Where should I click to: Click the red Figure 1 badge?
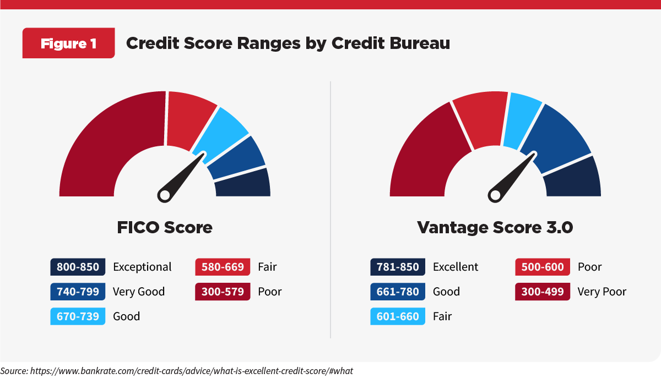tap(68, 43)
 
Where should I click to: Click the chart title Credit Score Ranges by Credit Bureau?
tap(288, 43)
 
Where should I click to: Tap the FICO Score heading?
tap(165, 227)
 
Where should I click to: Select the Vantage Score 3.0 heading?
tap(495, 227)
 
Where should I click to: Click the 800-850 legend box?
tap(77, 267)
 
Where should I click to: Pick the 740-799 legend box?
tap(77, 292)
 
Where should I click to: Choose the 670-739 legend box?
tap(77, 316)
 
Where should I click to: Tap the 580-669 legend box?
tap(223, 267)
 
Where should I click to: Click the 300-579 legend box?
tap(223, 292)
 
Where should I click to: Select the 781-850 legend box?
tap(398, 267)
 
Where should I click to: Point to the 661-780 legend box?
tap(398, 292)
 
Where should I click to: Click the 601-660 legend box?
tap(398, 316)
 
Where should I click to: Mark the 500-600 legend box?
tap(543, 267)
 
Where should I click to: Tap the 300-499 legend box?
tap(543, 292)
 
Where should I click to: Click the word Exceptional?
tap(142, 267)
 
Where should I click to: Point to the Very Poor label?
tap(602, 292)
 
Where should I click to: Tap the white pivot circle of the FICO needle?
tap(164, 195)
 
